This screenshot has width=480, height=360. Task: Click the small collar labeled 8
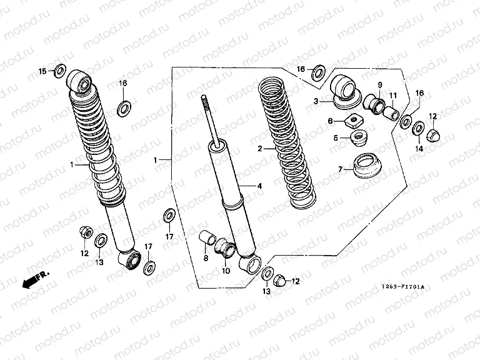(x=207, y=239)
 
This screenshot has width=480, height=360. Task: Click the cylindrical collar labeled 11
(x=392, y=114)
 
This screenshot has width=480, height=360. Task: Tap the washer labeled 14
(x=417, y=129)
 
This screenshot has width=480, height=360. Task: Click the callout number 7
(x=341, y=169)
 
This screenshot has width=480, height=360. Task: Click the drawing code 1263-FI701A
(x=402, y=287)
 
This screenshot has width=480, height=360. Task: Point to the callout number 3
(x=316, y=101)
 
